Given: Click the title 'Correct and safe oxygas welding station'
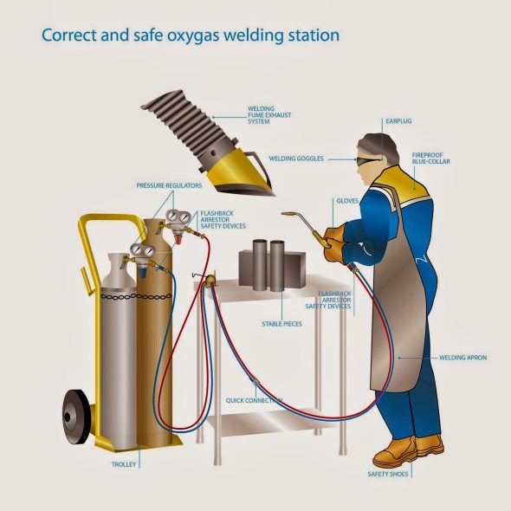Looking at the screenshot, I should click(x=191, y=36).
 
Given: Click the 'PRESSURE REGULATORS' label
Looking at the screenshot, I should click(x=169, y=185).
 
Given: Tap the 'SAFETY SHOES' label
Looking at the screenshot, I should click(x=387, y=474).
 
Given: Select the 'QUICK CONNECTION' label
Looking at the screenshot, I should click(x=254, y=400).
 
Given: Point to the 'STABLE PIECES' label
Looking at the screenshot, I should click(x=281, y=324).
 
